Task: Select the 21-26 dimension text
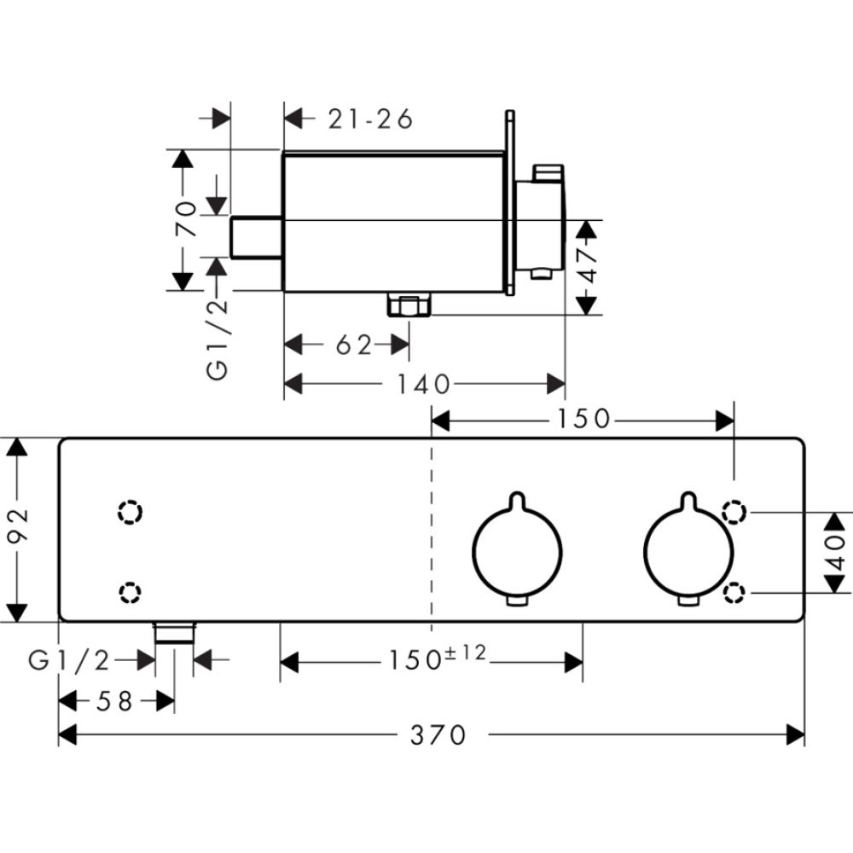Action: point(370,119)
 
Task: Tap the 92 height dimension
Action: point(19,529)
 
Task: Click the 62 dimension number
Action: point(354,345)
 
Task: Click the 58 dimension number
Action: point(115,701)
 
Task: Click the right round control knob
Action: point(687,545)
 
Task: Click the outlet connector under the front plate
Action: point(174,632)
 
